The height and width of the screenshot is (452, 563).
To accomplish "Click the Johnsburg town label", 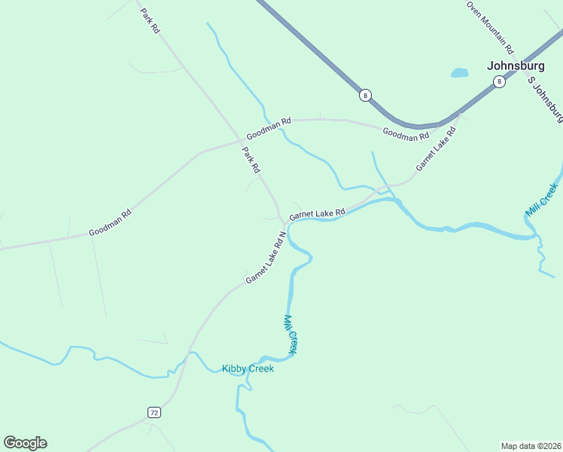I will tap(516, 65).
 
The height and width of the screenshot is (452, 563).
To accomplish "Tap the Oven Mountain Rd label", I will tap(490, 26).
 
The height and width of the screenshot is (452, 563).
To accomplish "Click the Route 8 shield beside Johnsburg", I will tap(498, 82).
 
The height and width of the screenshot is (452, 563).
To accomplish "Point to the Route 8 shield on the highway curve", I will tap(365, 95).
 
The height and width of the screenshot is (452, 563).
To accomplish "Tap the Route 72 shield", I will tap(154, 412).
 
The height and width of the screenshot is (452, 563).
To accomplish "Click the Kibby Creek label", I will tap(248, 368).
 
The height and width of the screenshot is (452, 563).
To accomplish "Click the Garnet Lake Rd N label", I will tap(266, 258).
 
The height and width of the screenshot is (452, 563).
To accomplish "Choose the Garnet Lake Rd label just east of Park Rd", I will tap(317, 214).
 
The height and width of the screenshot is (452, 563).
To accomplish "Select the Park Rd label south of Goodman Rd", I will tap(251, 160).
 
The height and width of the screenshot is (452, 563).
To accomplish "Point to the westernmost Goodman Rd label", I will tap(110, 222).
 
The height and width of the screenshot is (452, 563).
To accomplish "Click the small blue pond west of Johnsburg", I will tap(459, 73).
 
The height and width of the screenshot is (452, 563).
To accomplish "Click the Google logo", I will tap(25, 443).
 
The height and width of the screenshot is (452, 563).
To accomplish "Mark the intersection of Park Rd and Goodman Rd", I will tap(241, 139).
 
